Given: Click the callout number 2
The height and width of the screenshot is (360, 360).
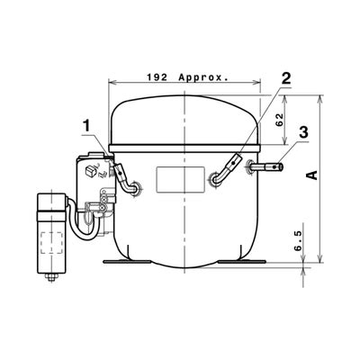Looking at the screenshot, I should pyautogui.click(x=285, y=78).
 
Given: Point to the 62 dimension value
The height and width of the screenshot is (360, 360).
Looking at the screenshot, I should pyautogui.click(x=279, y=117).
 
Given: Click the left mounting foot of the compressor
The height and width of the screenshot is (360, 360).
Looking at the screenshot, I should pyautogui.click(x=121, y=263).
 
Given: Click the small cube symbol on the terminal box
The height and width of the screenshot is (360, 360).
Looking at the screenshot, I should pyautogui.click(x=91, y=169).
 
